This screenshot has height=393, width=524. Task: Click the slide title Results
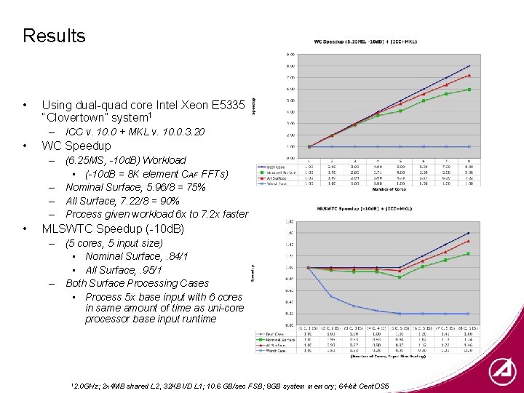[54, 36]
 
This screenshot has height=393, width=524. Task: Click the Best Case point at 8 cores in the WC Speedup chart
[469, 65]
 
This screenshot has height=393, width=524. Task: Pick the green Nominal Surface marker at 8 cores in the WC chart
[469, 90]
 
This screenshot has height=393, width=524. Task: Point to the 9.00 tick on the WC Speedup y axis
[290, 55]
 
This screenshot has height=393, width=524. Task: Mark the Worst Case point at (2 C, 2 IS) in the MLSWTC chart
[332, 296]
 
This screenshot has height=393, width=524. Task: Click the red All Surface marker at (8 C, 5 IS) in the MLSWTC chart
[468, 241]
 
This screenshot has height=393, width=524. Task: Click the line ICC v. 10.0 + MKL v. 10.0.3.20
[135, 132]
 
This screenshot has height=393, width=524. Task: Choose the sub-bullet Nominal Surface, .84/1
[137, 256]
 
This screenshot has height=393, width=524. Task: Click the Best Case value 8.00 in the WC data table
[469, 167]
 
